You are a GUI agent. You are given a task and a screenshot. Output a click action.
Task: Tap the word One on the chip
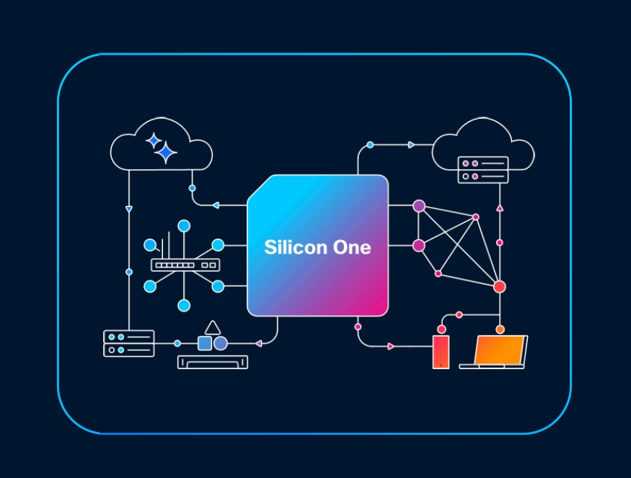pos(352,248)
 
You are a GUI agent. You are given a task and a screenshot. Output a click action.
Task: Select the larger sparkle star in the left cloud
pos(166,152)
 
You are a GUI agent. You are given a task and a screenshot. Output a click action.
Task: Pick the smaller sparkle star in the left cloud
pos(153,140)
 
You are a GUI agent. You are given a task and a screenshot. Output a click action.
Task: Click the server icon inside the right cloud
pos(483,169)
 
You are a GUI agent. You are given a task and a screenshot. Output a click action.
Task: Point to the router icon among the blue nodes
pos(184,264)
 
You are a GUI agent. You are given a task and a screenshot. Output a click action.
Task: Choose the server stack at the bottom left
pos(129,343)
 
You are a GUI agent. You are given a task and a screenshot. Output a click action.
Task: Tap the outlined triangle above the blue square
pos(212,327)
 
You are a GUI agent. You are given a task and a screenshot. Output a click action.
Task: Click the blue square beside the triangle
pos(205,343)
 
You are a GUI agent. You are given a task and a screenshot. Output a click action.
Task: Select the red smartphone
pos(441,352)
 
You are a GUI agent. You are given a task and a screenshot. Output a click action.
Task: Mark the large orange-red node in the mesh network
pos(499,287)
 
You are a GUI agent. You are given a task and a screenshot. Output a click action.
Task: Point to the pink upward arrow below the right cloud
pos(500,208)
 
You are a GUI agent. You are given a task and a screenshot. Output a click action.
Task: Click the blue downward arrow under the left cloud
pos(129,209)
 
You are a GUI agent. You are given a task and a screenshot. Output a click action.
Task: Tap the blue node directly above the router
pos(184,226)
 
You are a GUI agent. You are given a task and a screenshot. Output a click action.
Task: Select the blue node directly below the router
pos(184,305)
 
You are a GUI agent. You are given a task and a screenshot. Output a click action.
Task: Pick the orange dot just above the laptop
pos(500,329)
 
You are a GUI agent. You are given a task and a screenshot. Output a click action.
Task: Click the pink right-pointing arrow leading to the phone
pos(391,347)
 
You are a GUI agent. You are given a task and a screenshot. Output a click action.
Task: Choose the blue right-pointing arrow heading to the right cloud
pos(411,145)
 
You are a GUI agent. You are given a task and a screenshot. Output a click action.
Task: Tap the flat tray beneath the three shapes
pos(213,362)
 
